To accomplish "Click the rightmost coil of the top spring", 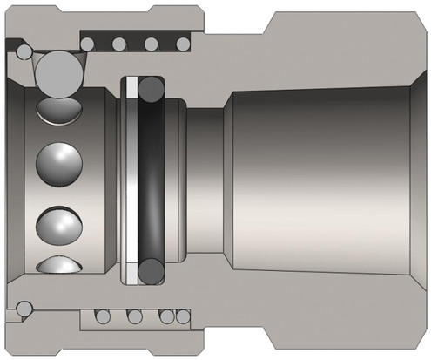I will (183, 43).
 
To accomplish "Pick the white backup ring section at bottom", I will (131, 272).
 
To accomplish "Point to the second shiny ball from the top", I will (57, 163).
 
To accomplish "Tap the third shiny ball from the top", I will (57, 221).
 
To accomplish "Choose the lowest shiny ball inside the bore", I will (57, 264).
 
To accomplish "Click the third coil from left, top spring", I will (151, 43).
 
